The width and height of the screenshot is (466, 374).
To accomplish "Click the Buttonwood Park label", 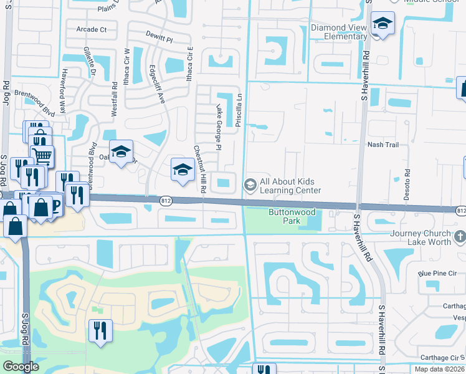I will point(284,216).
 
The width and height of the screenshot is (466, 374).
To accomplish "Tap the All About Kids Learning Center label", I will point(291,186).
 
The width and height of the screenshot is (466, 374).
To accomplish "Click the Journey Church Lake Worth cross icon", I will point(460,236).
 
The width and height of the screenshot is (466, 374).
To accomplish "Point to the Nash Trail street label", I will point(383,145).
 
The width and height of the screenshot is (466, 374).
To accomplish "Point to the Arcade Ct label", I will point(92,29).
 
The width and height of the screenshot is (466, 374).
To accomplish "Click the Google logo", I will point(21,367).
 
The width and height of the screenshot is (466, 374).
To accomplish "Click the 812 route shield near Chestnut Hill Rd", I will point(165,201).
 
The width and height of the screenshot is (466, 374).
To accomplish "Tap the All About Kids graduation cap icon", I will point(250,185).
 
